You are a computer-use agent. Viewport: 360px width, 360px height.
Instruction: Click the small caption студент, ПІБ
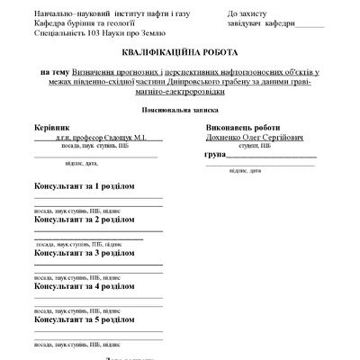(256, 146)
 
